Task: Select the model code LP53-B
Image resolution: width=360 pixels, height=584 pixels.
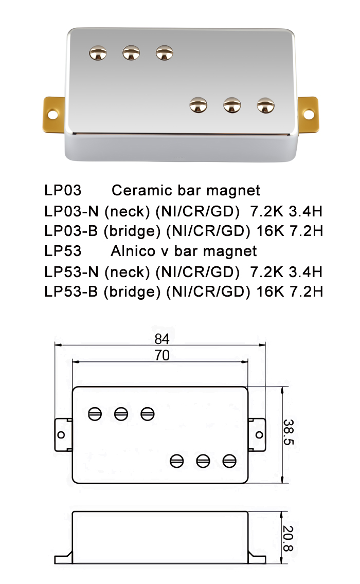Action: coord(71,292)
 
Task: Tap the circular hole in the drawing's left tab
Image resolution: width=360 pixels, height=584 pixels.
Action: coord(61,435)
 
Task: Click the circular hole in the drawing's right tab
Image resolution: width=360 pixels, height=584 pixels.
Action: coord(259,435)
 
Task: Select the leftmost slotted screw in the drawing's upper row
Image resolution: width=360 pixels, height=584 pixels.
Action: coord(95,413)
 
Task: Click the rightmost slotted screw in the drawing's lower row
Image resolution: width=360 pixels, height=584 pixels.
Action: coord(229,461)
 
